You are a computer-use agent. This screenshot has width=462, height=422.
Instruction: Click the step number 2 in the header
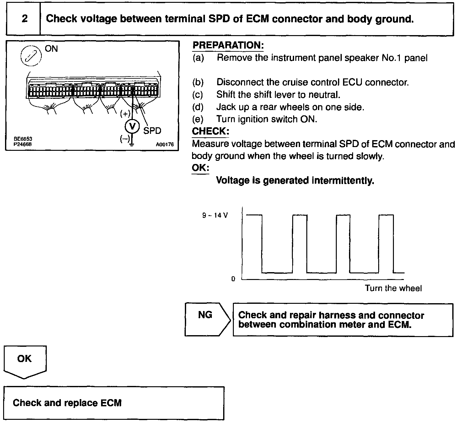pos(24,19)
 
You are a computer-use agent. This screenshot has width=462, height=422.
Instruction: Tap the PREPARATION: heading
pos(228,45)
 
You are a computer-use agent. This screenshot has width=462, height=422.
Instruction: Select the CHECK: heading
pos(210,131)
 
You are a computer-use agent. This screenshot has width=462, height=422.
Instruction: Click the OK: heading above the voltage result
pos(200,168)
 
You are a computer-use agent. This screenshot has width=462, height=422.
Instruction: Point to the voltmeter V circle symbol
pos(132,126)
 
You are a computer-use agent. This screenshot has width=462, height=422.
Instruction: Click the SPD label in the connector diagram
pos(152,131)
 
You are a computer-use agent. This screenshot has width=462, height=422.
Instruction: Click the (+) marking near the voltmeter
pos(125,113)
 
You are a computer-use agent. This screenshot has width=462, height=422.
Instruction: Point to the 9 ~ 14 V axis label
pos(215,215)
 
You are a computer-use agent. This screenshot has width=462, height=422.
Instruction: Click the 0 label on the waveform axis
pos(233,279)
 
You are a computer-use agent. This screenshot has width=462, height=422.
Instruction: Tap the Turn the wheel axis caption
pos(393,288)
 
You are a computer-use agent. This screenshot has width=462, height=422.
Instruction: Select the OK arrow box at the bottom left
pos(25,361)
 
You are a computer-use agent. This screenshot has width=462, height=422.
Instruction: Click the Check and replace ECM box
pos(114,403)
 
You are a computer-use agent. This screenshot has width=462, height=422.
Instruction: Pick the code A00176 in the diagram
pos(164,145)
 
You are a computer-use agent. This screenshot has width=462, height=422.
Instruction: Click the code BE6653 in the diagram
pos(23,139)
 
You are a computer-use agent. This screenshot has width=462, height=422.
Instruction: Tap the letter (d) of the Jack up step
pos(198,107)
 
